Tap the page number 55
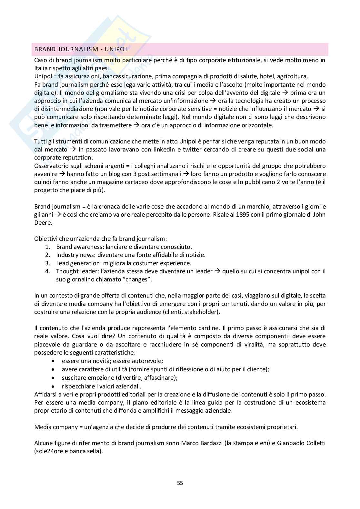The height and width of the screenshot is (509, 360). (180, 483)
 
